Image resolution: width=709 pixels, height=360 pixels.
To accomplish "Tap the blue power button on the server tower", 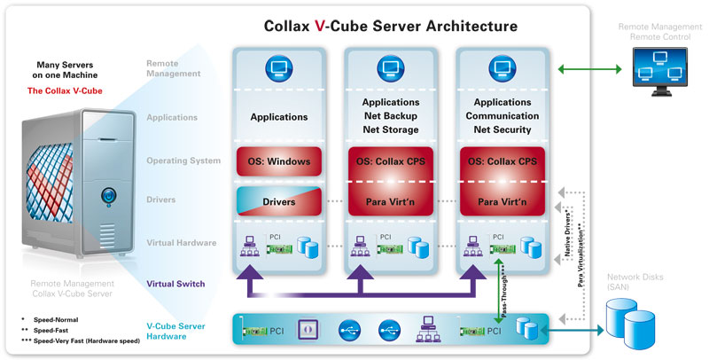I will pyautogui.click(x=106, y=192).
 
